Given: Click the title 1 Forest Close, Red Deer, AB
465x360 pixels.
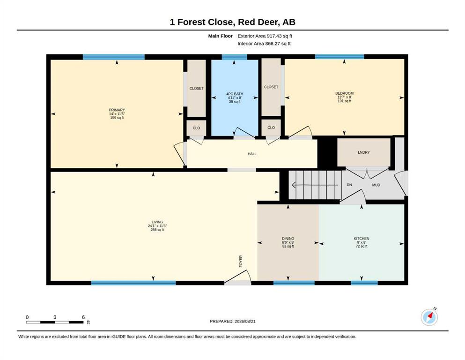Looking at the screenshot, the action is (232, 22).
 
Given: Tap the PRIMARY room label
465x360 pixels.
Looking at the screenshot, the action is (117, 110).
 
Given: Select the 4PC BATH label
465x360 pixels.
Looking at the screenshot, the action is (235, 94).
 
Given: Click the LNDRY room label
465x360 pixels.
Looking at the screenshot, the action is (363, 152).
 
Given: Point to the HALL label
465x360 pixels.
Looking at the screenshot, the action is (252, 154).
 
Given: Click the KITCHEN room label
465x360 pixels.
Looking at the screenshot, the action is (362, 239).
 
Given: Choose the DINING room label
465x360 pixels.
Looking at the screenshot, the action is (288, 239).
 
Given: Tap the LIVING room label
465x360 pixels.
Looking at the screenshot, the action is (157, 222).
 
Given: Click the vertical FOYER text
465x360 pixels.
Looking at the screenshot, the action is (241, 261).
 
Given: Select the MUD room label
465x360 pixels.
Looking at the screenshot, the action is (376, 185).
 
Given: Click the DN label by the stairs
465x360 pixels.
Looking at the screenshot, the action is (349, 185).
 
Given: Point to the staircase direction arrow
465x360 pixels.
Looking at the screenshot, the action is (315, 185).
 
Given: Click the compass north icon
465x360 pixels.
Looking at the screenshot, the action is (429, 317).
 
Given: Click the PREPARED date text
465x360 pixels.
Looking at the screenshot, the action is (232, 321).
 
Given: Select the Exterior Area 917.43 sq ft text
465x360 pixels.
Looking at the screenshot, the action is (265, 36).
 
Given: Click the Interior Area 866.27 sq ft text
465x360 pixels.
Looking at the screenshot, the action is (264, 44).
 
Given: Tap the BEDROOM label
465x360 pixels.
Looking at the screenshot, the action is (344, 93).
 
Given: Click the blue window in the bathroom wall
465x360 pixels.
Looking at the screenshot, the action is (234, 57).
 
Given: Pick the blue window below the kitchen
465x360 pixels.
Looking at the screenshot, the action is (364, 283).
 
